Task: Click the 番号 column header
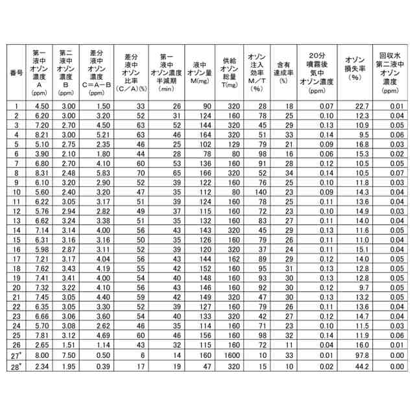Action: coord(16,72)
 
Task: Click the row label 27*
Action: coord(17,355)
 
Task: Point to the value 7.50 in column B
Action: coord(68,355)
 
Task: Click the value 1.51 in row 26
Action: coord(68,346)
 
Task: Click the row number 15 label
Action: coord(16,240)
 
